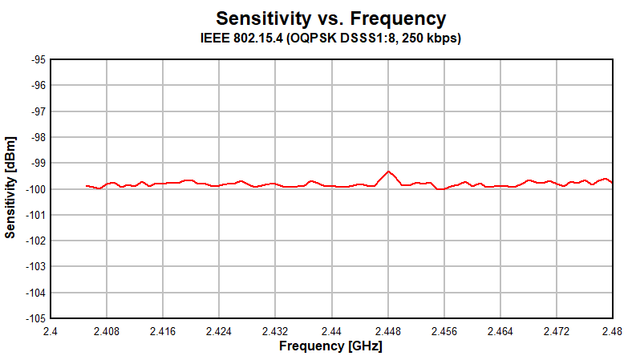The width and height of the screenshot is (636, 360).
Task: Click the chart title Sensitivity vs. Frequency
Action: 330,18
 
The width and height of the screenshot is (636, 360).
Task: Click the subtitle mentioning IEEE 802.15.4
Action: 330,38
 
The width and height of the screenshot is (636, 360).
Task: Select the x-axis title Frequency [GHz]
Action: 330,346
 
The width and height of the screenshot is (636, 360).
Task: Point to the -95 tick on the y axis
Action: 38,60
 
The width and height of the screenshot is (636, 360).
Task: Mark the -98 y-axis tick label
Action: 38,138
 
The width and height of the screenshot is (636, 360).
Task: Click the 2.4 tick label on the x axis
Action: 51,330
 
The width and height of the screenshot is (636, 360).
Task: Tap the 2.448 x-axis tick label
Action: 387,330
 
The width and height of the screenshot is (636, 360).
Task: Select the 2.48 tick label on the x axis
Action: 612,330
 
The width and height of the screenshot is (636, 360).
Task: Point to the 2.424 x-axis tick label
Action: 219,330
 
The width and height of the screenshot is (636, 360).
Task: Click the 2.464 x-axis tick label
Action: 500,330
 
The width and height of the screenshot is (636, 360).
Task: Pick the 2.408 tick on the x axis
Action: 107,330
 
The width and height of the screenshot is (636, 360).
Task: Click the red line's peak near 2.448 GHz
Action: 388,172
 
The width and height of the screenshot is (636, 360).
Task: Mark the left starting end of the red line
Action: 87,186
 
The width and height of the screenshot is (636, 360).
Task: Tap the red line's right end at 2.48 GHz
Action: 612,183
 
